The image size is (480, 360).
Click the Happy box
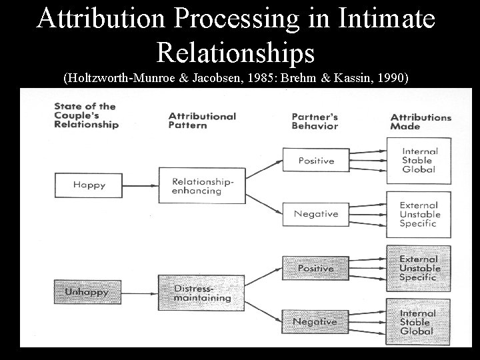(89, 185)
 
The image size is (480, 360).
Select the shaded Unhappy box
(87, 292)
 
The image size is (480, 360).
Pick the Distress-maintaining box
(194, 293)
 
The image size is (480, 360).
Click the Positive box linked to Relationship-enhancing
(316, 161)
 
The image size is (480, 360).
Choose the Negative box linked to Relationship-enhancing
(316, 214)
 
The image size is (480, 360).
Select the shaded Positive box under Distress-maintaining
(316, 268)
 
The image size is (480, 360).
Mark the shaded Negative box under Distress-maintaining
(316, 321)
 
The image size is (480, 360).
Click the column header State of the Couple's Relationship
(86, 115)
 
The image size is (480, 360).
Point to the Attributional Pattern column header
(202, 120)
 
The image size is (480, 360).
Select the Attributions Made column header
(421, 121)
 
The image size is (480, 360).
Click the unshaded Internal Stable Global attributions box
(419, 160)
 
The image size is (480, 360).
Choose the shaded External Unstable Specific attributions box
(419, 268)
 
